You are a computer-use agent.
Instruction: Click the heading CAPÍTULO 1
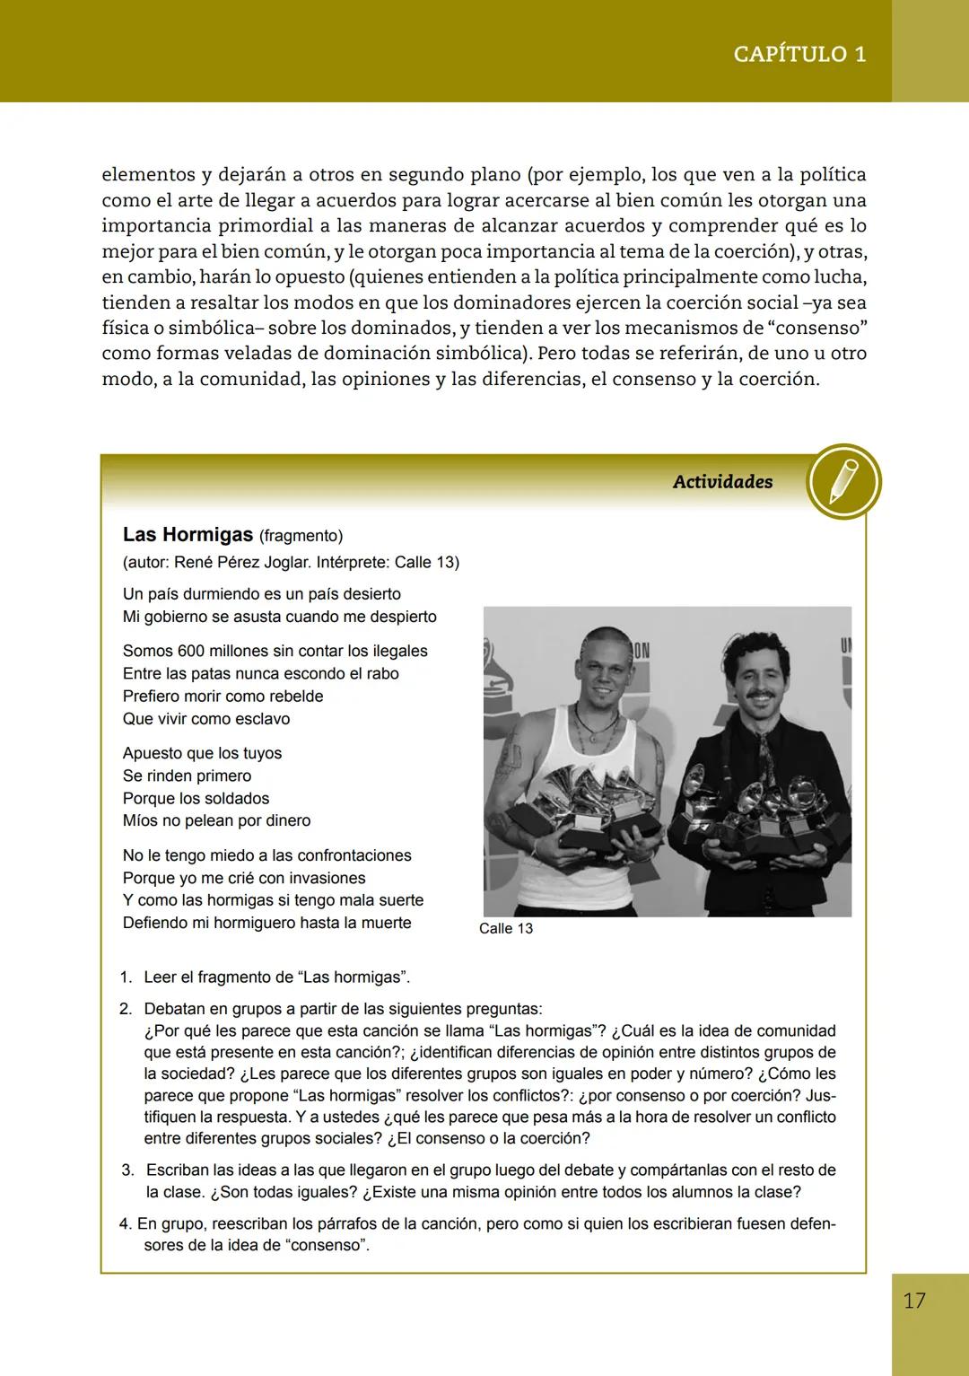pos(799,54)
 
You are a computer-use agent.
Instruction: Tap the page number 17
pos(914,1301)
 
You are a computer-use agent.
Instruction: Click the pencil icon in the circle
pos(843,481)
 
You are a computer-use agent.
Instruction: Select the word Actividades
pos(722,482)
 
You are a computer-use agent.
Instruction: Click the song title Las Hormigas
pos(188,535)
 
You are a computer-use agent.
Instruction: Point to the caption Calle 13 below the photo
pos(505,928)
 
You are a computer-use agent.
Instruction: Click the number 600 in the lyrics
pos(191,651)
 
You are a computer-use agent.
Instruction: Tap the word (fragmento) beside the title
pos(301,536)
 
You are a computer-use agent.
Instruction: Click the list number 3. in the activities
pos(128,1170)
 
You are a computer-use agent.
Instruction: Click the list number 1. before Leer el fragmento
pos(127,977)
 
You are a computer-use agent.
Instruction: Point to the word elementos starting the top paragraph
pos(148,174)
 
